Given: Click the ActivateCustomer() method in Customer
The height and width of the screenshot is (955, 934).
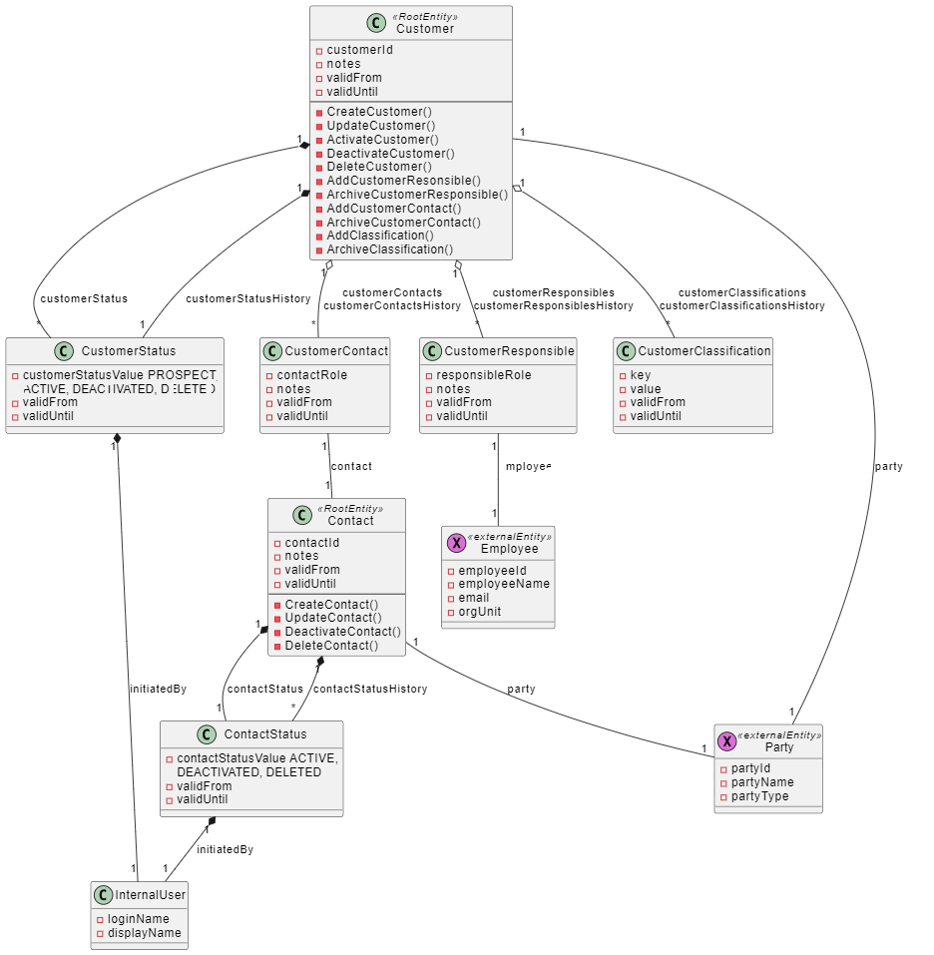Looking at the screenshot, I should (382, 140).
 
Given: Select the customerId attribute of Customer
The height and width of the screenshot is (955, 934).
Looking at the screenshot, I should (359, 50).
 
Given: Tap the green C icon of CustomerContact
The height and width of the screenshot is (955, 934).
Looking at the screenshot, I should (272, 350).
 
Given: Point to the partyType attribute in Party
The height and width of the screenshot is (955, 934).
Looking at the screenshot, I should (759, 796).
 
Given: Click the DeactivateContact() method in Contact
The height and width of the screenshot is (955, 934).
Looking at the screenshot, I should (342, 632).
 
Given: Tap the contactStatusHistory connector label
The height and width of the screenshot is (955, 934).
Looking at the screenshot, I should (370, 689).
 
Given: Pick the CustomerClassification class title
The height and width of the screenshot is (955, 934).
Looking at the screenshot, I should (704, 350).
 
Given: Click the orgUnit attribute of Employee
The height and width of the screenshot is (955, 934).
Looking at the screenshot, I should (479, 612).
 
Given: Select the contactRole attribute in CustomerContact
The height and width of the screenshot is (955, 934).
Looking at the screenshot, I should (312, 375).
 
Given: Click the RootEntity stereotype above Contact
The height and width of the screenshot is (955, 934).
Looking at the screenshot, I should (350, 508).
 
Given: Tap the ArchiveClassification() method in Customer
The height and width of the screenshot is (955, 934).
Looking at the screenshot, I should (389, 249).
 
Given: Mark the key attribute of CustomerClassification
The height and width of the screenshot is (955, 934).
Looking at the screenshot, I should (640, 375).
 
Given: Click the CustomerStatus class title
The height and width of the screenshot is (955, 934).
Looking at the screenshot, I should (128, 350).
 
